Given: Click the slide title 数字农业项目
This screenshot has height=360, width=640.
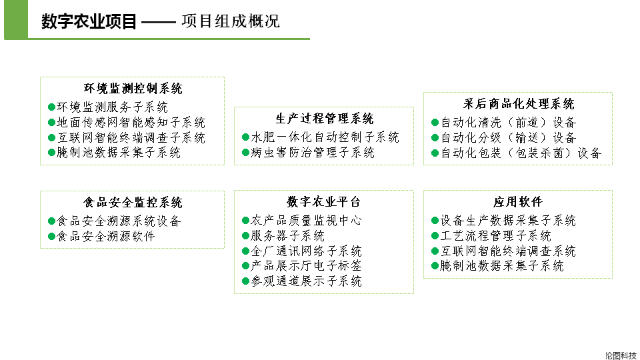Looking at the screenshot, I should click(x=89, y=22).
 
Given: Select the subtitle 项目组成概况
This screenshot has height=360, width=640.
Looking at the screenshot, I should click(x=231, y=21).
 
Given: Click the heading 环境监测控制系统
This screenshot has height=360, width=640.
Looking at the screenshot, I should click(x=133, y=89).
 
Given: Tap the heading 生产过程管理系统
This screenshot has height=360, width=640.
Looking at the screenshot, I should click(x=325, y=119).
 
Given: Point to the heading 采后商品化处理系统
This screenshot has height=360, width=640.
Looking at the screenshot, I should click(x=519, y=104).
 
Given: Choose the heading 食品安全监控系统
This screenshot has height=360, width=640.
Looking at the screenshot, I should click(x=133, y=203).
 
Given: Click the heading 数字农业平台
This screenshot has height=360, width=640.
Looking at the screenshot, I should click(x=324, y=202).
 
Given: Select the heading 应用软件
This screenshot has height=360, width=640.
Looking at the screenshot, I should click(x=518, y=202).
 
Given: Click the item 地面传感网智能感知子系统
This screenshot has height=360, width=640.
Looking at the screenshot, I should click(x=131, y=123).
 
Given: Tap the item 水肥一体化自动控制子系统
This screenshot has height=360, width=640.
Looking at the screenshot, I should click(x=325, y=137).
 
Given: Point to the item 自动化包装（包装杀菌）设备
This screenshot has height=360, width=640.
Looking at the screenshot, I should click(x=521, y=153).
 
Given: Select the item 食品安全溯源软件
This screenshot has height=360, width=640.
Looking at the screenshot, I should click(x=106, y=237).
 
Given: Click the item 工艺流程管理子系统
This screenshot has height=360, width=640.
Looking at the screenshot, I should click(x=496, y=236).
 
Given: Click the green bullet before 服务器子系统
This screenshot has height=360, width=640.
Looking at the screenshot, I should click(x=245, y=236).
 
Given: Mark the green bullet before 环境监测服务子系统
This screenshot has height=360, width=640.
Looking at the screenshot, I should click(x=52, y=107).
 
